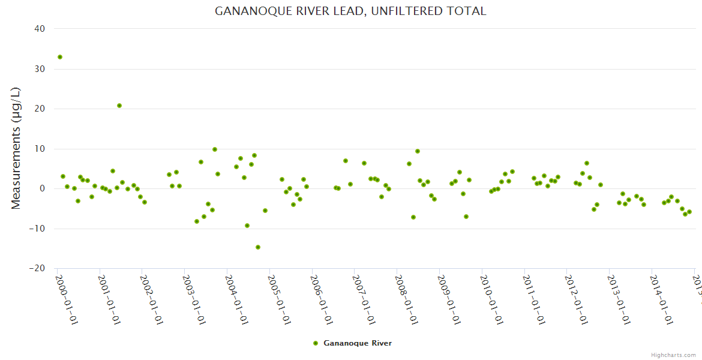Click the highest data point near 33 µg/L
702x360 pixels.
tap(60, 57)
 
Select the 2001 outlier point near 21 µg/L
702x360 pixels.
tap(119, 106)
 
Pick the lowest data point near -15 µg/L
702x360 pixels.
tap(258, 247)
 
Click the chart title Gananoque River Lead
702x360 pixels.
tap(350, 11)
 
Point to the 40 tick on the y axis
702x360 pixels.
tap(40, 29)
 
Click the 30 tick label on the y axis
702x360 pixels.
tap(40, 69)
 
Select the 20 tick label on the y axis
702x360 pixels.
tap(40, 109)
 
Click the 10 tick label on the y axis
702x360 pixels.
tap(40, 149)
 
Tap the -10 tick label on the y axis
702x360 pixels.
tap(37, 229)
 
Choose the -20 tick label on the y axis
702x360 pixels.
tap(37, 268)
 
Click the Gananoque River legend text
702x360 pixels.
tap(358, 343)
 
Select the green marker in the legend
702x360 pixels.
tap(316, 343)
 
